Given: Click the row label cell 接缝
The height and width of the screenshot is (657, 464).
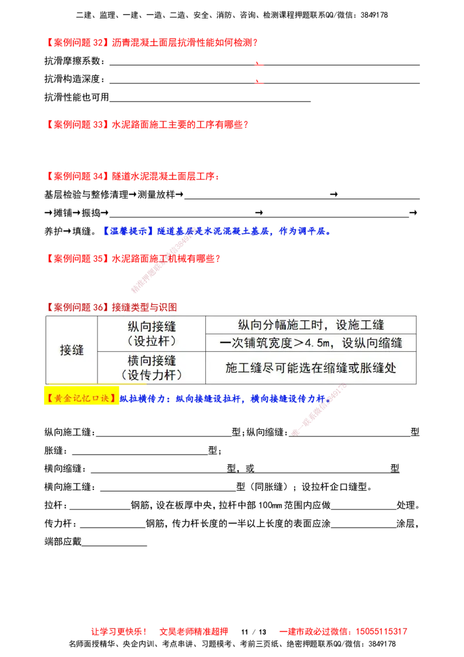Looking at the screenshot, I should tap(72, 350).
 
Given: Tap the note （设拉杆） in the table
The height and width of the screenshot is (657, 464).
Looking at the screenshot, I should tap(151, 341).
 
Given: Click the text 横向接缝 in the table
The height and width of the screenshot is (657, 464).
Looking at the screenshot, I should tap(151, 360).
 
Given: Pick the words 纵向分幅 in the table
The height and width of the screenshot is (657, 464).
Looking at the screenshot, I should tap(259, 325).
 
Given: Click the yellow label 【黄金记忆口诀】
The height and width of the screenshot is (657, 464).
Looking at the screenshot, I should tap(81, 399).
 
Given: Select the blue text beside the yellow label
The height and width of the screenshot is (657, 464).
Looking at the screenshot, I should tap(226, 400).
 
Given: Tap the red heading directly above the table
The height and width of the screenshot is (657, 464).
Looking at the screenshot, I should tap(113, 306).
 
